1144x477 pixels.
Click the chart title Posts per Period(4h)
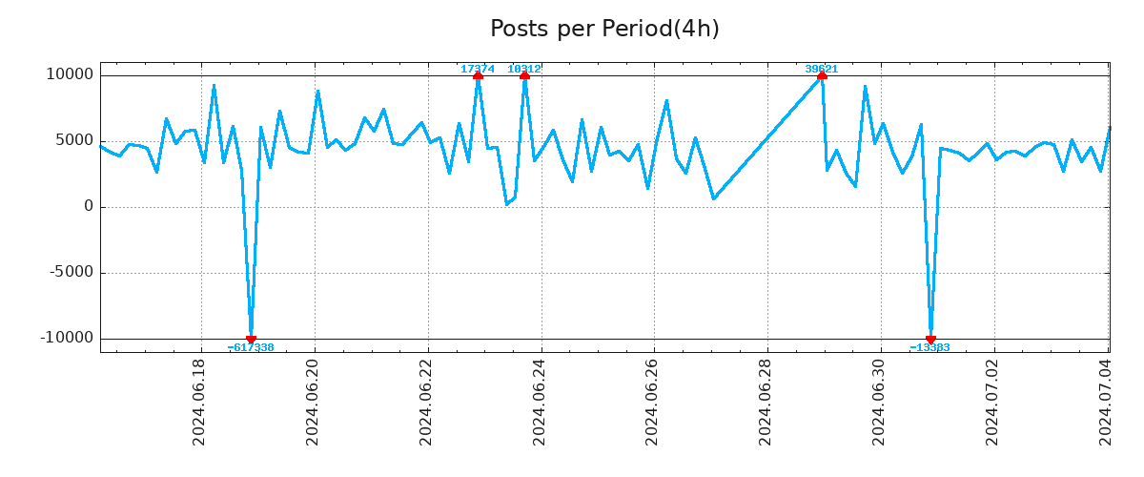(x=604, y=29)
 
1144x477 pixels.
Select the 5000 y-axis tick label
(x=72, y=141)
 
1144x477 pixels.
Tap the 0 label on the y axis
(x=89, y=207)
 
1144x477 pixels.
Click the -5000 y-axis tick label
(x=69, y=273)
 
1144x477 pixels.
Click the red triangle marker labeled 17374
(x=478, y=75)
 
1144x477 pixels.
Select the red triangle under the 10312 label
(x=524, y=75)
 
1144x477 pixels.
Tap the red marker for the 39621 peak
(x=822, y=75)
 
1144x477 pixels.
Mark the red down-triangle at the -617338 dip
(x=251, y=339)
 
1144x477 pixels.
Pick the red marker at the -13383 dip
(x=930, y=339)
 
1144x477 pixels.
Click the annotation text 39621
(x=822, y=69)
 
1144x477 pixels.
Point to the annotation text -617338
(x=251, y=348)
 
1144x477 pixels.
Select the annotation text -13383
(x=930, y=348)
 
